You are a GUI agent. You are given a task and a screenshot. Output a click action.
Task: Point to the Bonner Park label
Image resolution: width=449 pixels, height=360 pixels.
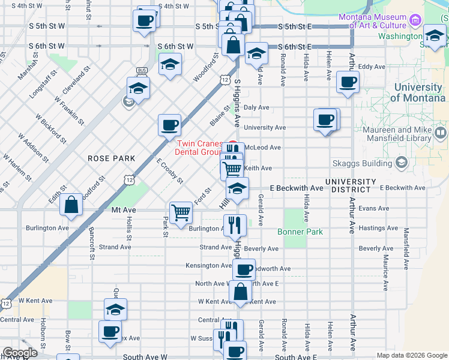point(300,232)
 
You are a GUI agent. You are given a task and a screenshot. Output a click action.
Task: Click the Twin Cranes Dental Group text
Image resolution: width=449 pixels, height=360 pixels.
point(198,148)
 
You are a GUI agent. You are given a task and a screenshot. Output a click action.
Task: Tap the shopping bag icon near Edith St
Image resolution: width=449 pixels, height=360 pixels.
point(71,205)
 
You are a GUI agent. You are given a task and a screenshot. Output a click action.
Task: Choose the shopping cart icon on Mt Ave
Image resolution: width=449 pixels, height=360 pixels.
point(181,212)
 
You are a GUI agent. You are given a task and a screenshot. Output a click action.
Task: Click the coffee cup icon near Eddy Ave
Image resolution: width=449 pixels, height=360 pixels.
point(348,81)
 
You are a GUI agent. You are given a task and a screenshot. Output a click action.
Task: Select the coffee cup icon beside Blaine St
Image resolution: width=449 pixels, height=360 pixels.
point(169,125)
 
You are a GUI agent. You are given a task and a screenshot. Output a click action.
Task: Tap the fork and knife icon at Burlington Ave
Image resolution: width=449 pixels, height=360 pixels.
point(235,225)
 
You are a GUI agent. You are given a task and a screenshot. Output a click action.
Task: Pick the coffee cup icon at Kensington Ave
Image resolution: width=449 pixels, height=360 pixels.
point(244,269)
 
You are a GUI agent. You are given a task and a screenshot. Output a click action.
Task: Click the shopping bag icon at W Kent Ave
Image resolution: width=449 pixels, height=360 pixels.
point(240,292)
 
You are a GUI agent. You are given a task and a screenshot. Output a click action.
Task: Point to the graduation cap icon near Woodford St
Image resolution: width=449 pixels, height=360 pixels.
point(170,64)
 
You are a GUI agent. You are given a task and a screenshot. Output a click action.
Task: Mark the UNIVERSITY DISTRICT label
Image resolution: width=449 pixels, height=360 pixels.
point(351,185)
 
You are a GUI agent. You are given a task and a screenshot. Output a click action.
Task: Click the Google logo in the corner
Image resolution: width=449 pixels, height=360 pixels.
point(20,353)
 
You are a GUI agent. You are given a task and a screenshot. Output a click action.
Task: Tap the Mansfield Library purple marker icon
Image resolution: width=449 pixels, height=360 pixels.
point(441,132)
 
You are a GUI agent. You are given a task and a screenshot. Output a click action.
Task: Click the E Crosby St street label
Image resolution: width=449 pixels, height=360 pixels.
point(170,171)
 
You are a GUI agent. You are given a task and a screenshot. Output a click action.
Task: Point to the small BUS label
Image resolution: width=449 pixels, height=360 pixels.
point(142,70)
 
